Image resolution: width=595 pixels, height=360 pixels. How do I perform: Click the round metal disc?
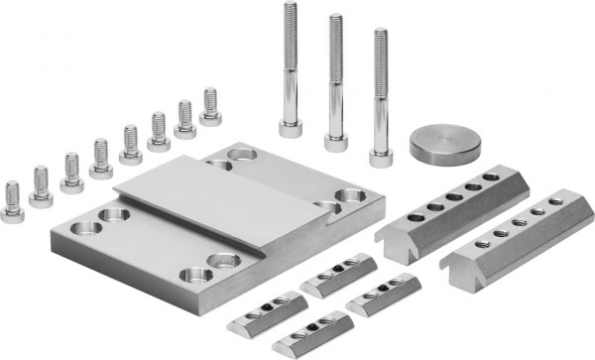pos(445,146)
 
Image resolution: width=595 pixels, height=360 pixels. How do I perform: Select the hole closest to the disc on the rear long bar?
pos(490,178)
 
